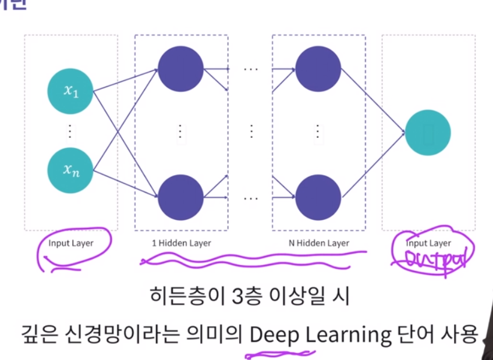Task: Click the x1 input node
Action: tap(70, 91)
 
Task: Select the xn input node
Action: tap(70, 171)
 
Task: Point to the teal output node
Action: tap(428, 133)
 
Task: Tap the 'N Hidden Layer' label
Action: tap(318, 243)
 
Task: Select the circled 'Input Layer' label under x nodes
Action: tap(70, 243)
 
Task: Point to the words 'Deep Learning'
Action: tap(320, 334)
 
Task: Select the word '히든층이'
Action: tap(178, 297)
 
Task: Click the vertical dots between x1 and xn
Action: tap(70, 131)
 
